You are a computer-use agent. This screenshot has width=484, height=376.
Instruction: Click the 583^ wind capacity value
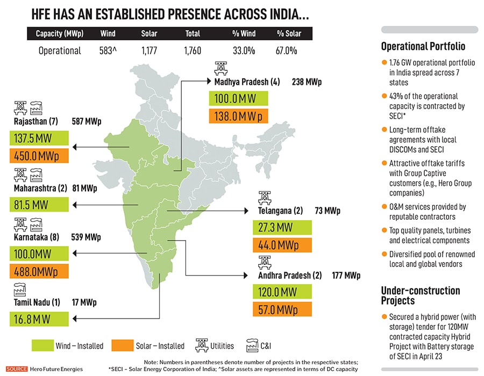pyautogui.click(x=108, y=51)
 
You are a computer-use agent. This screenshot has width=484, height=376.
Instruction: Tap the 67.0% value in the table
pyautogui.click(x=287, y=51)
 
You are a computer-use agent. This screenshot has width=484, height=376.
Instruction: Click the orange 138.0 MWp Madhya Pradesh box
pyautogui.click(x=238, y=116)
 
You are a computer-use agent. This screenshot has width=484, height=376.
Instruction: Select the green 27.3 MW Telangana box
pyautogui.click(x=282, y=227)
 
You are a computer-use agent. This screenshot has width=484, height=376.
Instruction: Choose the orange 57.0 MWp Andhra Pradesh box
pyautogui.click(x=282, y=309)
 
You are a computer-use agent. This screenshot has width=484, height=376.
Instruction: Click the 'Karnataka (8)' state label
pyautogui.click(x=35, y=237)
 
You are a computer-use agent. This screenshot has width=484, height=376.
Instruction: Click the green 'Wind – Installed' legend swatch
pyautogui.click(x=42, y=345)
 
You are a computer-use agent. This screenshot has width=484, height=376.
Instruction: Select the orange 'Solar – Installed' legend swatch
pyautogui.click(x=122, y=345)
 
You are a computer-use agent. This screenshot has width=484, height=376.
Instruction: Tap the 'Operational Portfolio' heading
pyautogui.click(x=423, y=46)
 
